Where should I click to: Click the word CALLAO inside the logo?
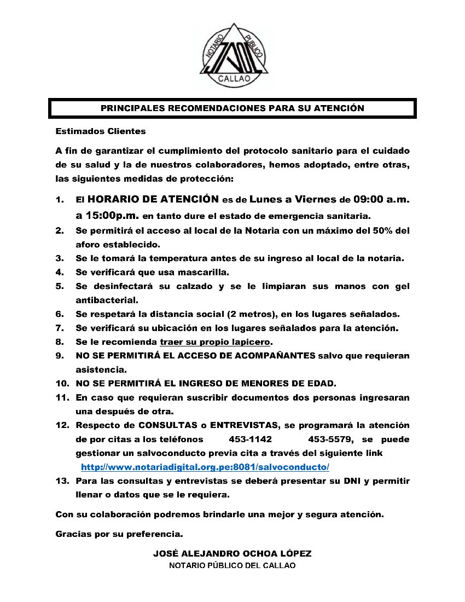234,79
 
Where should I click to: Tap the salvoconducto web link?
205,467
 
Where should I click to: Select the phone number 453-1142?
250,439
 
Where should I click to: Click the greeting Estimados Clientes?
101,131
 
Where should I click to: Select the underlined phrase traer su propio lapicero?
215,342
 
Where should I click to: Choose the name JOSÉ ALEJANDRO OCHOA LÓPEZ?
233,554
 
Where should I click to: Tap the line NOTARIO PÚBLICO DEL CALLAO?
233,566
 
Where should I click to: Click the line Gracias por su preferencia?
119,534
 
